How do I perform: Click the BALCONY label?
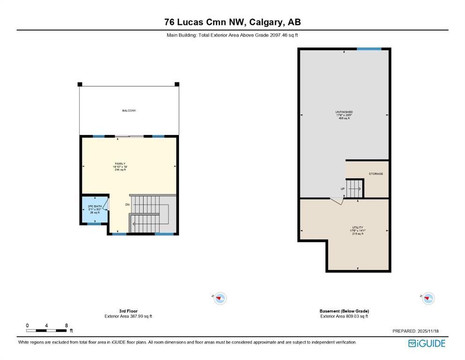(x=129, y=111)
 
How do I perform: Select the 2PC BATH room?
(x=95, y=209)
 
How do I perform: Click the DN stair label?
(x=127, y=205)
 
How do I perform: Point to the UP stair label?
(x=342, y=189)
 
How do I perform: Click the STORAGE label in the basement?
(x=376, y=174)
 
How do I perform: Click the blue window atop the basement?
(x=369, y=49)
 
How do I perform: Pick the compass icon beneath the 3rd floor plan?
(x=220, y=298)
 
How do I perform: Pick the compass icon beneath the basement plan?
(x=428, y=298)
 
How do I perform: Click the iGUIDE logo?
(x=427, y=344)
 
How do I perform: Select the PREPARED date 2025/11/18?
(x=415, y=331)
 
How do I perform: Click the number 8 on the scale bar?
(x=66, y=325)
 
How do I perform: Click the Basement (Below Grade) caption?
(x=344, y=311)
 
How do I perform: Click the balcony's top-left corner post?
(x=80, y=84)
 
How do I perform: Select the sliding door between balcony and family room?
(x=130, y=136)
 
